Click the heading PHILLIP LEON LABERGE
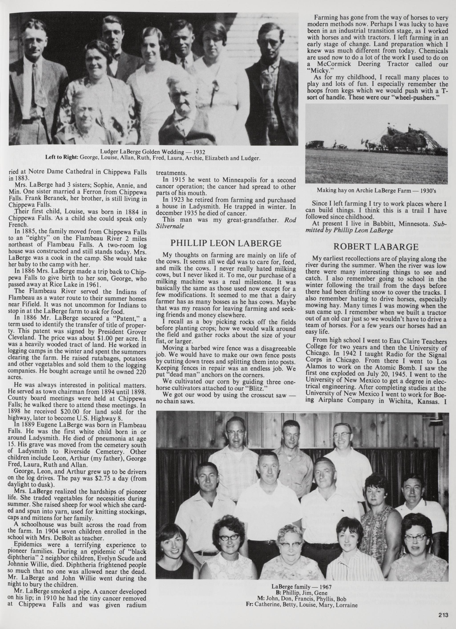[x=226, y=243]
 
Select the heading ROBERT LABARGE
[x=376, y=247]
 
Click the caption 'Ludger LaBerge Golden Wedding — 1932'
[x=153, y=152]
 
